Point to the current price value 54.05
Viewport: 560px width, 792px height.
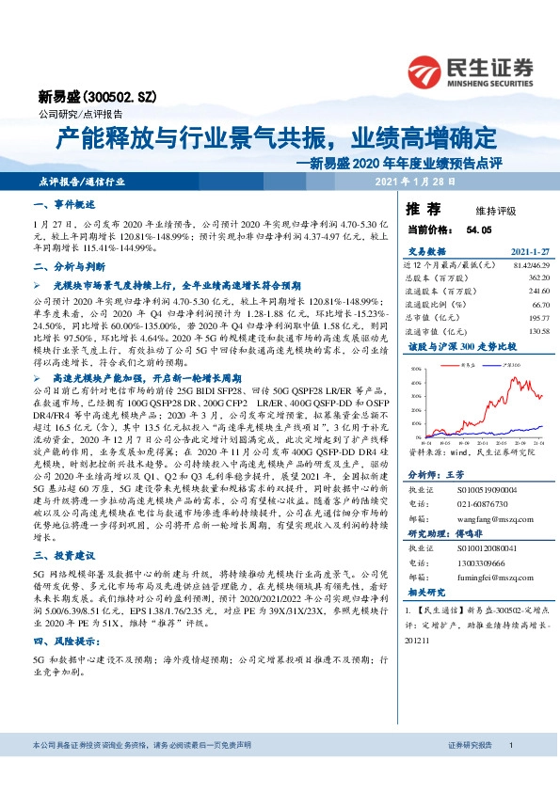pyautogui.click(x=479, y=229)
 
